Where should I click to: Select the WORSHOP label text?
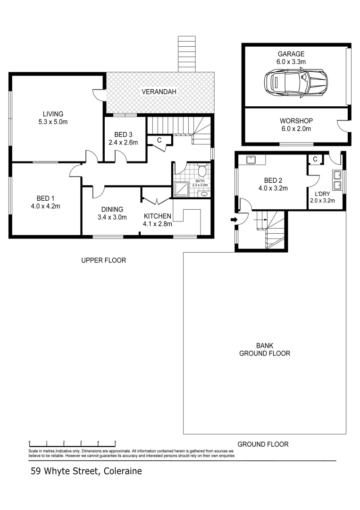[296, 120]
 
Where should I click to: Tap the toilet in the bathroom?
[201, 170]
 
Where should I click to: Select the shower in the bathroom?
[180, 189]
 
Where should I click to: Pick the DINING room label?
[112, 209]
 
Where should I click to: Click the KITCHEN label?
[157, 216]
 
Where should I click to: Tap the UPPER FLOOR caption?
[103, 260]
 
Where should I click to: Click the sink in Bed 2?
[251, 160]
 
